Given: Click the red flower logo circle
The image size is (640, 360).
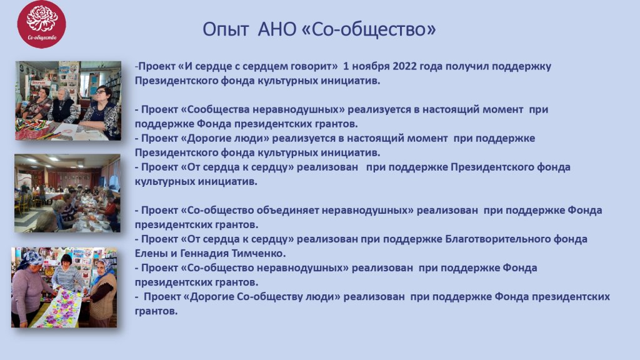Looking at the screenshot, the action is (x=42, y=24).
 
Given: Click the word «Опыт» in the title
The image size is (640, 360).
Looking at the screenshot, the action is (x=226, y=29).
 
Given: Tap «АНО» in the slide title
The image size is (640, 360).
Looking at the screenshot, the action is (x=277, y=29).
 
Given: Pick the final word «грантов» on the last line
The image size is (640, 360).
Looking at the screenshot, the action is (x=156, y=311).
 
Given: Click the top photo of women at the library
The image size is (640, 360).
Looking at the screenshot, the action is (x=68, y=101).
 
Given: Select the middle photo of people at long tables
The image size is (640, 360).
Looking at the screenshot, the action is (x=67, y=193).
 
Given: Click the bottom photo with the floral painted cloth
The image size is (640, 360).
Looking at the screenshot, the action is (x=64, y=287).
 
